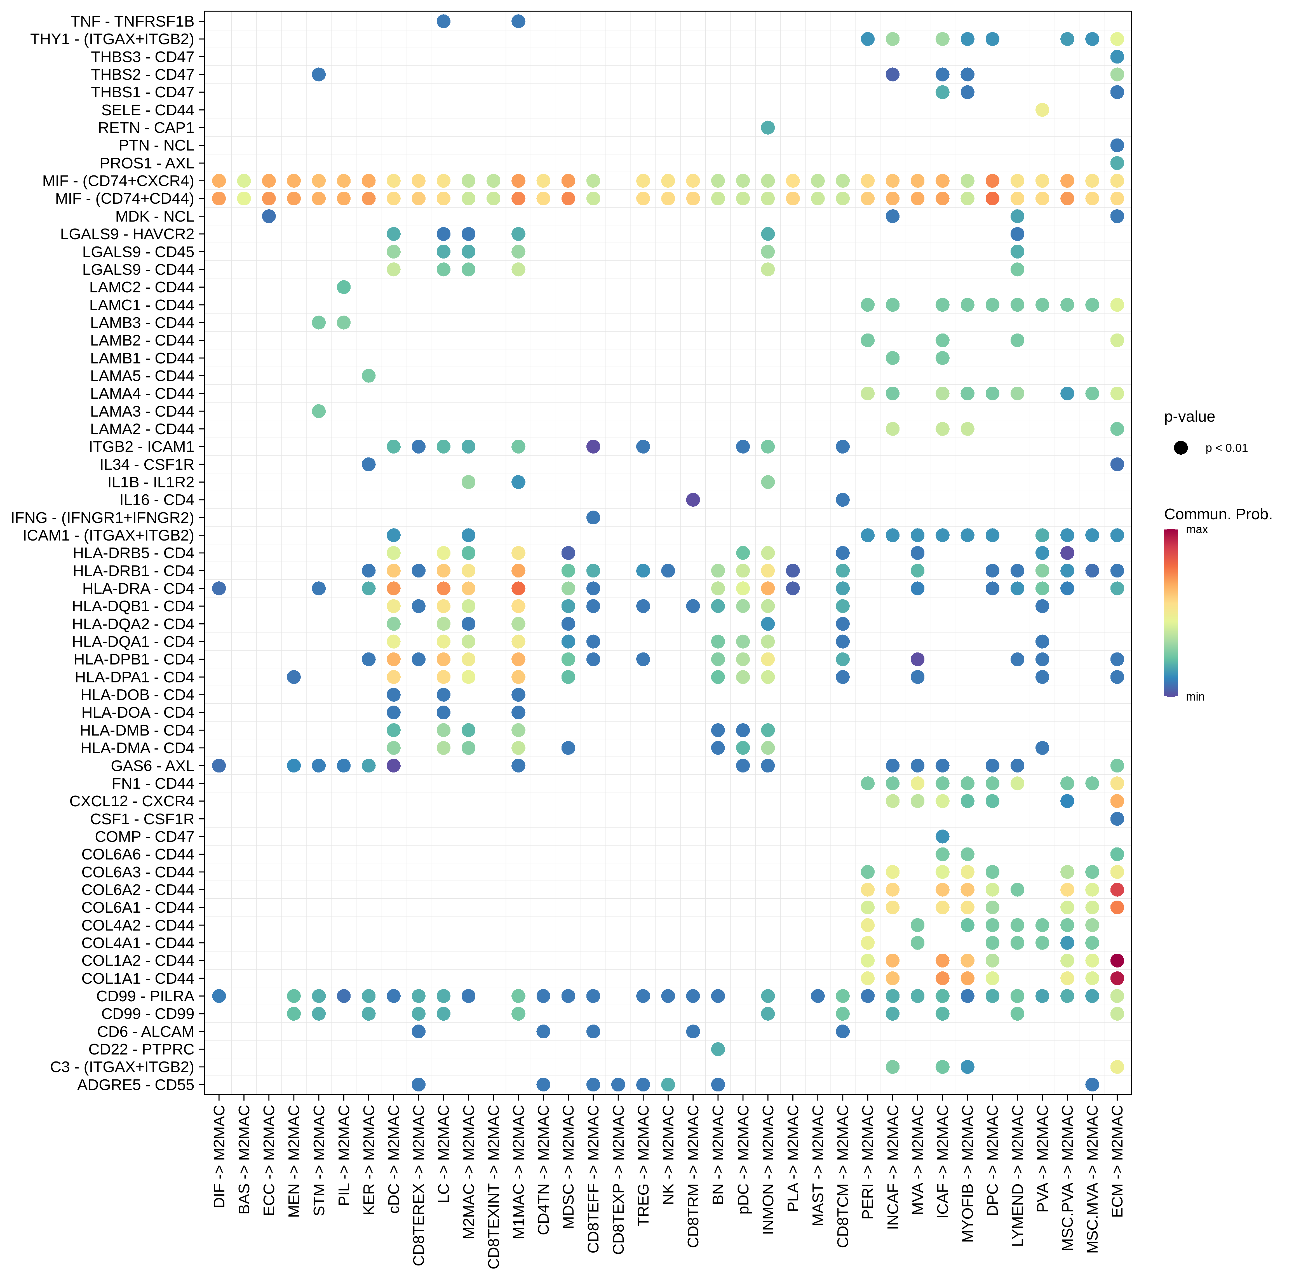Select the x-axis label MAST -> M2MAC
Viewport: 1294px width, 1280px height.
coord(818,1166)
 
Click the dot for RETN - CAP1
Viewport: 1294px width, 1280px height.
coord(768,128)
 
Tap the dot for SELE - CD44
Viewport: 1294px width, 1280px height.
coord(1042,110)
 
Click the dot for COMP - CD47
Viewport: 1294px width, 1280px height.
coord(942,837)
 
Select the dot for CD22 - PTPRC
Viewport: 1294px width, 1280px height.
coord(718,1049)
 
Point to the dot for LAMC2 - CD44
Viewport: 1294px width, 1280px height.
coord(344,287)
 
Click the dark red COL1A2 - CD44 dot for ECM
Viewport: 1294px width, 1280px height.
coord(1117,960)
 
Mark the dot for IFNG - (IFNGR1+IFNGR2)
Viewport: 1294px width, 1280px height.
coord(593,518)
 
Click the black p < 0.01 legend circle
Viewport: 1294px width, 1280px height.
coord(1181,448)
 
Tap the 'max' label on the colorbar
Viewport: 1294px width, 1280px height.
coord(1197,530)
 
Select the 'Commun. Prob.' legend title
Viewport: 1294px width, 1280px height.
coord(1218,515)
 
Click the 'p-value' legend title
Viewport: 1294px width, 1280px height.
coord(1190,417)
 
